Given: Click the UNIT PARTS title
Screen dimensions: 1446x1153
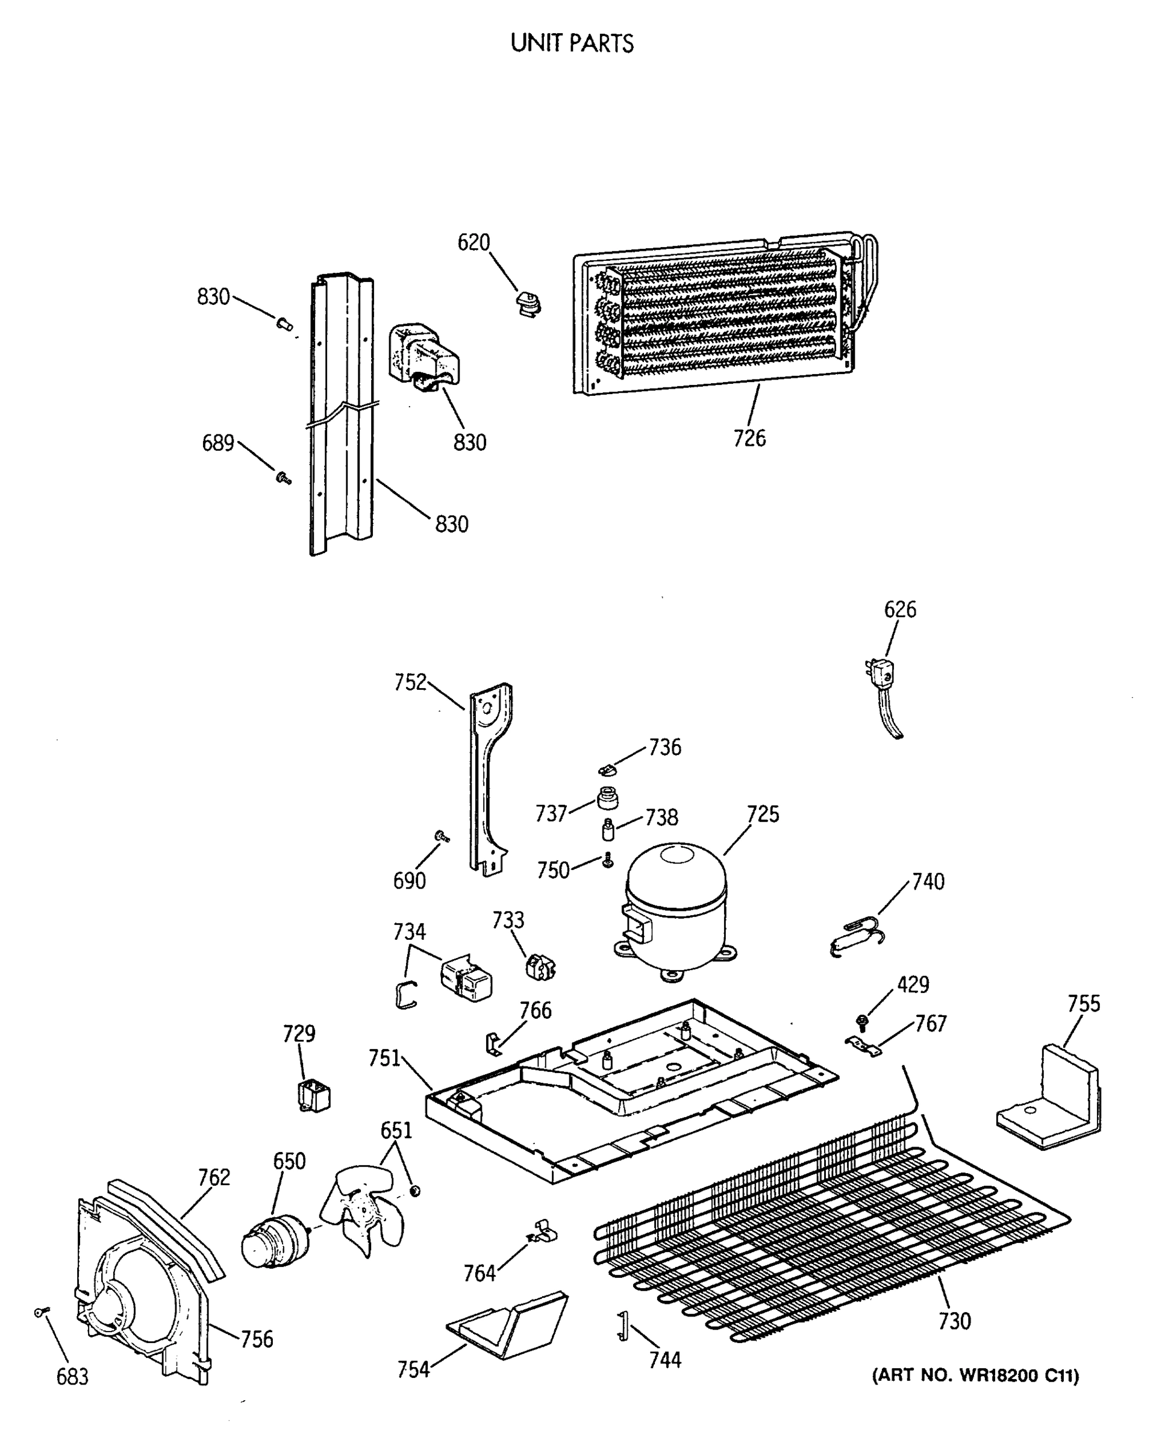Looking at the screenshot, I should pyautogui.click(x=572, y=43).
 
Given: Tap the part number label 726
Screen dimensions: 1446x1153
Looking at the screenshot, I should pyautogui.click(x=749, y=438).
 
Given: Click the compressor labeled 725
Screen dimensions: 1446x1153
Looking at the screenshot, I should pyautogui.click(x=675, y=912).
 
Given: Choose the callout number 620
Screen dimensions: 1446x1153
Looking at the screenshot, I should pyautogui.click(x=473, y=242).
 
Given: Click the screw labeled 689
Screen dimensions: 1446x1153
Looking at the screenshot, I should pyautogui.click(x=284, y=478).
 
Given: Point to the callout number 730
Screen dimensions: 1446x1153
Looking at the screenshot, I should pyautogui.click(x=954, y=1321).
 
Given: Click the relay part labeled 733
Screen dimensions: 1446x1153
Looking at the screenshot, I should pyautogui.click(x=540, y=966).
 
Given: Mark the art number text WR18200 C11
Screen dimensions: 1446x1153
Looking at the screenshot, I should pyautogui.click(x=975, y=1376).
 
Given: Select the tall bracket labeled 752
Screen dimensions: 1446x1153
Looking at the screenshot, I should pyautogui.click(x=490, y=778).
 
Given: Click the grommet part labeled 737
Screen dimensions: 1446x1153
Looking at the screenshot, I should pyautogui.click(x=607, y=798).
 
